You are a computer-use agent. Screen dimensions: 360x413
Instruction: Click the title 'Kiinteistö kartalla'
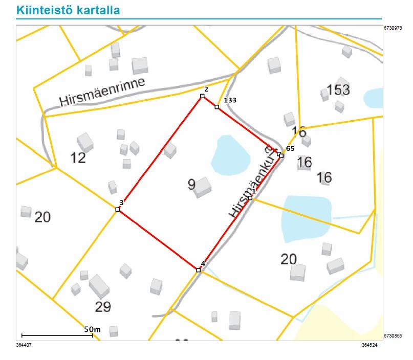point(68,10)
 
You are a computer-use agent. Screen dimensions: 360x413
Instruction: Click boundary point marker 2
point(203,96)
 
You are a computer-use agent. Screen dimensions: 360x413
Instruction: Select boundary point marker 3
point(118,210)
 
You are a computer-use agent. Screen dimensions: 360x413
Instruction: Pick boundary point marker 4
point(199,270)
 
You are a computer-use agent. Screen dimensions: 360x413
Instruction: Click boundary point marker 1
point(250,198)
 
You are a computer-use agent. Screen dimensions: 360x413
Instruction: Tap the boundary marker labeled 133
point(217,107)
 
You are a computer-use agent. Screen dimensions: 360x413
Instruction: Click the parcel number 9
point(191,185)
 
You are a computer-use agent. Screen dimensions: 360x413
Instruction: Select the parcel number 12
point(78,158)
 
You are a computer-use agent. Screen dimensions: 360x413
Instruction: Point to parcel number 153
point(338,90)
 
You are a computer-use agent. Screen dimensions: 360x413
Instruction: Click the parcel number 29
point(103,307)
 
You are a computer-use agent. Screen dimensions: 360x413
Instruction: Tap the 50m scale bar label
point(93,329)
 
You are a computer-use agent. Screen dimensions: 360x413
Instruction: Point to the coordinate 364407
point(25,345)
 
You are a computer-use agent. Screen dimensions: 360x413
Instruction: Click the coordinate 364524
point(369,345)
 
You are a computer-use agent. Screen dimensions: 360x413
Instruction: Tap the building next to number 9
point(203,186)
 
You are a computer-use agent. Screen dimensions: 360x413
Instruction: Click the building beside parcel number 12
point(85,142)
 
